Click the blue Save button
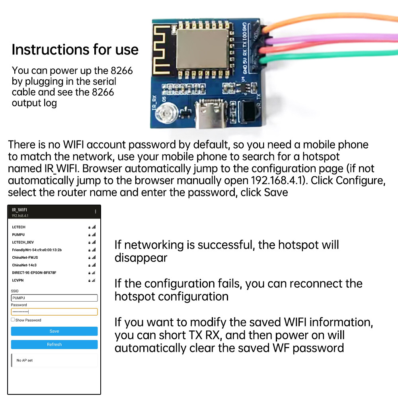[54, 331]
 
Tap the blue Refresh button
[54, 344]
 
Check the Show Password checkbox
[13, 320]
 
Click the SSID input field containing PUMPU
[54, 298]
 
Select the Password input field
[54, 312]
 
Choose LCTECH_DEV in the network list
[23, 242]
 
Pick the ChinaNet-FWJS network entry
[25, 258]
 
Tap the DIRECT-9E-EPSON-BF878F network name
[34, 273]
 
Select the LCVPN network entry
[18, 280]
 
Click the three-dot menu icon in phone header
[96, 211]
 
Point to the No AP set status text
[24, 360]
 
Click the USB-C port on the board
[210, 114]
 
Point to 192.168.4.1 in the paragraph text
[278, 180]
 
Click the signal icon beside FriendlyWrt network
[94, 250]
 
